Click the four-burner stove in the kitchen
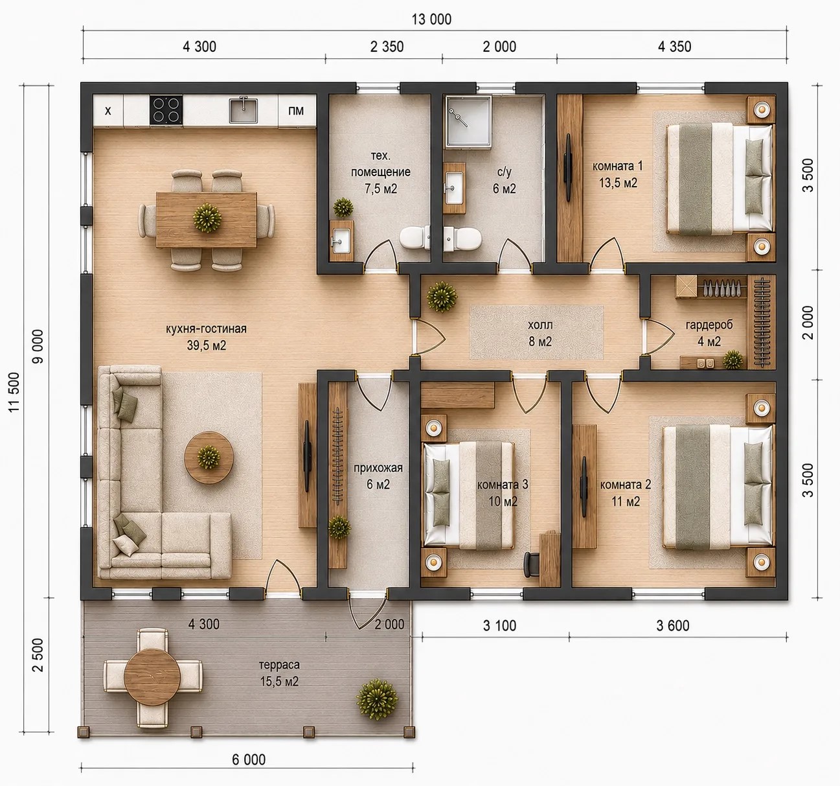click(166, 110)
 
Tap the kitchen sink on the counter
click(244, 110)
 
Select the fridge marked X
click(108, 111)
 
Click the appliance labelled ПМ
click(297, 111)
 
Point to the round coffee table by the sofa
click(209, 457)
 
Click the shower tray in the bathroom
click(468, 122)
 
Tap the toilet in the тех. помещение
click(414, 237)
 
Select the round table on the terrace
click(152, 676)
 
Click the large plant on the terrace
click(378, 699)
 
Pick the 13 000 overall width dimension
click(431, 19)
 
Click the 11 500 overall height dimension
click(14, 393)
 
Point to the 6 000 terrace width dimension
click(249, 759)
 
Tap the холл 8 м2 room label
click(540, 333)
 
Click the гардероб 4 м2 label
click(709, 333)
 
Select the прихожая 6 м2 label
click(378, 476)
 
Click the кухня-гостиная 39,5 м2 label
click(207, 338)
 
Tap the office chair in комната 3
click(531, 564)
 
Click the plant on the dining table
click(207, 218)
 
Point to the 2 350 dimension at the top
click(387, 47)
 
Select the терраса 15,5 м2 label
click(279, 673)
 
